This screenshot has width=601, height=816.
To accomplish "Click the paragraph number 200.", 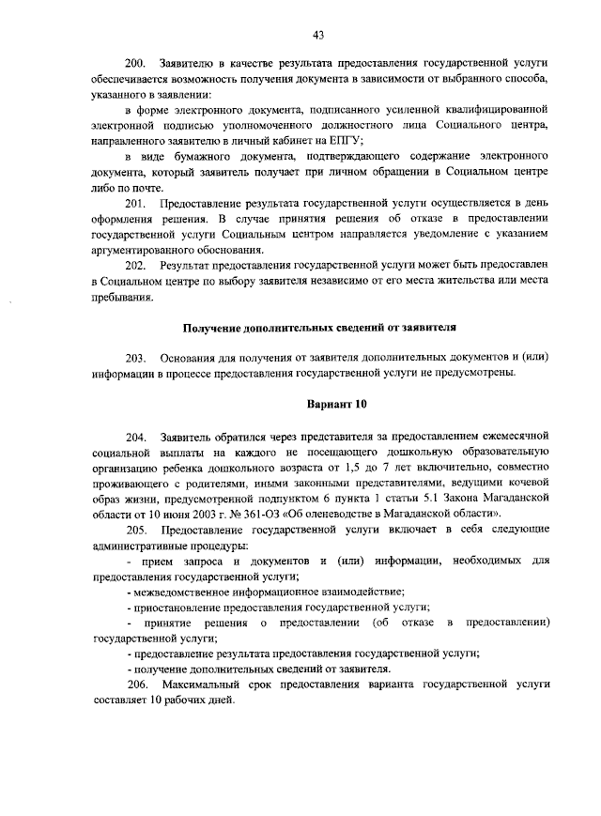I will pyautogui.click(x=137, y=63).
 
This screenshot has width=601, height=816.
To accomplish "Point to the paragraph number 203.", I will pyautogui.click(x=136, y=358).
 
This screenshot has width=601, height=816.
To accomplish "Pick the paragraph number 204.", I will pyautogui.click(x=136, y=437).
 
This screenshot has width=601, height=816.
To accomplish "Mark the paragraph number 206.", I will pyautogui.click(x=136, y=686).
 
